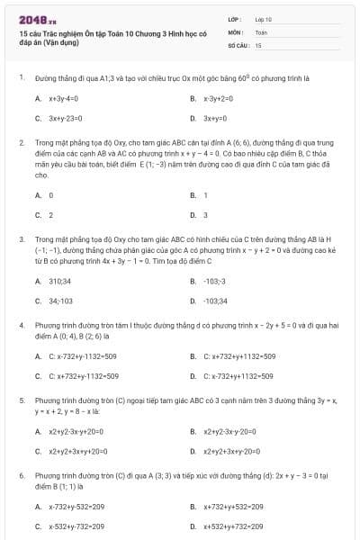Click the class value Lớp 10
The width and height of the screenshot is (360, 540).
[x=264, y=19]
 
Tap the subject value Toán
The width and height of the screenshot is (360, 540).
[x=261, y=31]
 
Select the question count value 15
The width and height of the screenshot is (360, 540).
[x=258, y=44]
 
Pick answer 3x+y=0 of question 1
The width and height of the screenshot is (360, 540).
[x=214, y=118]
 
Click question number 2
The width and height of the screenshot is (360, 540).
[x=21, y=142]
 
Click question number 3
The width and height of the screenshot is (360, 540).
[x=21, y=238]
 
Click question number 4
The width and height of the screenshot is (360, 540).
[x=21, y=324]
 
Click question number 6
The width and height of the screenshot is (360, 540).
[x=21, y=473]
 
